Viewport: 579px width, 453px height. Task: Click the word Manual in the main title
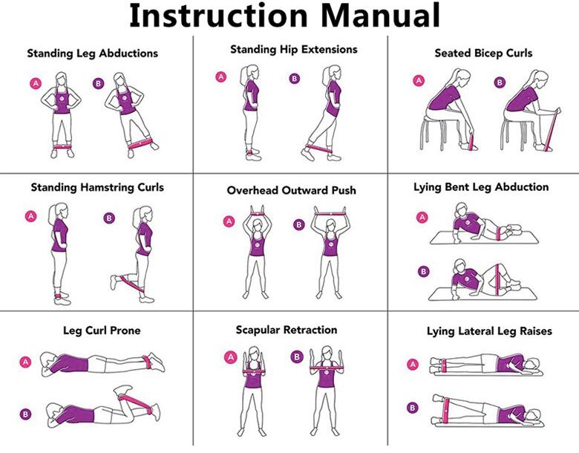coord(379,16)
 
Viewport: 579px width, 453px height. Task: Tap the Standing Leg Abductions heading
coord(92,53)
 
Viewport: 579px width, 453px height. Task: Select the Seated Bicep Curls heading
coord(483,53)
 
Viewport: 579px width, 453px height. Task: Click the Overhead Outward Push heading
coord(291,190)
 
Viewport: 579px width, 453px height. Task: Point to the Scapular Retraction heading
coord(287,330)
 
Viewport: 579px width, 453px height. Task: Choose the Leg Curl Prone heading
coord(102,330)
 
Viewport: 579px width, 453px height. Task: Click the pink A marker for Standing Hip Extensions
coord(220,76)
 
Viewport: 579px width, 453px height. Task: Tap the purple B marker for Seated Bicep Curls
coord(500,82)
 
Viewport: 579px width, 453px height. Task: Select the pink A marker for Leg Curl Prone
coord(25,362)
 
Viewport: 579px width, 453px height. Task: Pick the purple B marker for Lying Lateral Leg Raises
coord(413,408)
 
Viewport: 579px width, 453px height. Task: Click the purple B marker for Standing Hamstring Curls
coord(109,218)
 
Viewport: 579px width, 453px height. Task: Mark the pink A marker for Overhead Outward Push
coord(229,221)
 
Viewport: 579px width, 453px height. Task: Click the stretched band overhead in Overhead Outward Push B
coord(330,214)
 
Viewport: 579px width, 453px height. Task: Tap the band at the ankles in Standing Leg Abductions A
coord(62,146)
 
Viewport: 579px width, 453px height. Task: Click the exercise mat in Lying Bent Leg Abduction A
coord(484,238)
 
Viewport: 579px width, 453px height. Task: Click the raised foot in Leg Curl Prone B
coord(122,390)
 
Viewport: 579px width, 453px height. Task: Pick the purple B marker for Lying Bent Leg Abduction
coord(423,272)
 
